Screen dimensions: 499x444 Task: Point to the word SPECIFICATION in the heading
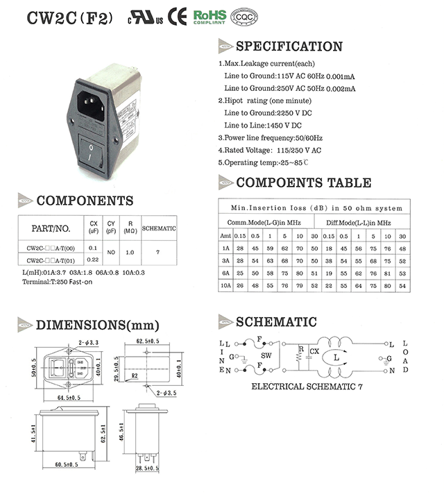[x=289, y=46]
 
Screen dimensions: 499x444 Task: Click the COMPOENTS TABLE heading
[x=303, y=183]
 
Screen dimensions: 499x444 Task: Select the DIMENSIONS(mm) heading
[x=97, y=325]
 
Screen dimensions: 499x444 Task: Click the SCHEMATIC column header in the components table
[x=159, y=228]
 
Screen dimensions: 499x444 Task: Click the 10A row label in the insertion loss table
[x=225, y=285]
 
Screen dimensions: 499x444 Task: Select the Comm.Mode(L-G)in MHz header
[x=264, y=223]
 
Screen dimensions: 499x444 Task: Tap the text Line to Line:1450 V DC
[x=263, y=125]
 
